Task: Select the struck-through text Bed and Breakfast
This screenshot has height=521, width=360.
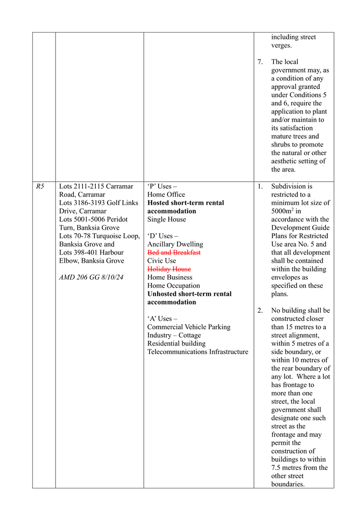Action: [x=174, y=253]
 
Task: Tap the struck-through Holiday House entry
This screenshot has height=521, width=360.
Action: [x=169, y=269]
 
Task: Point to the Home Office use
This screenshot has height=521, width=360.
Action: [x=166, y=194]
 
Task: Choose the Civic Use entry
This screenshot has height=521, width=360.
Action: [x=162, y=261]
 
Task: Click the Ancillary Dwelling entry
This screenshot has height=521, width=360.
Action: [x=175, y=244]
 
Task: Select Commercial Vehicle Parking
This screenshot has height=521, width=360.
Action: [x=189, y=327]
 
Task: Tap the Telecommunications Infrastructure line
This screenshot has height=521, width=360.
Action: [x=198, y=352]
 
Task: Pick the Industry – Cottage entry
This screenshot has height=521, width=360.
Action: [x=174, y=335]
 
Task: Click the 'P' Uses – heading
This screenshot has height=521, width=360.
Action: [x=162, y=186]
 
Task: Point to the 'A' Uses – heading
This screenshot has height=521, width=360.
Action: [x=162, y=319]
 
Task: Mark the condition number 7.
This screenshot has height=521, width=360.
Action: [x=260, y=62]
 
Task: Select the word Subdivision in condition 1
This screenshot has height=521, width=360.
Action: [x=288, y=186]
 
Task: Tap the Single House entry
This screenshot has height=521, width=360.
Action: [x=167, y=219]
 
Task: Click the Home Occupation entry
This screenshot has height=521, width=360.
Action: [x=173, y=286]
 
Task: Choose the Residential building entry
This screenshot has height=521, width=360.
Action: [x=176, y=343]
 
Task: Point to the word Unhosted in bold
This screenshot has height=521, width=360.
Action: [x=164, y=294]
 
